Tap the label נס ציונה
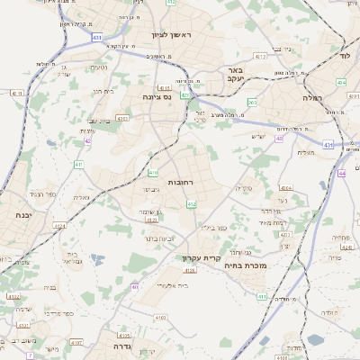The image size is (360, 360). [157, 96]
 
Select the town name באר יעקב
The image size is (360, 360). [235, 74]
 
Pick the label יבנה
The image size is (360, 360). [23, 215]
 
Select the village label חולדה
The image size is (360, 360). [328, 311]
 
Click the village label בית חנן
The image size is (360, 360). [103, 91]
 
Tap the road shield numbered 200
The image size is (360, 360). [253, 103]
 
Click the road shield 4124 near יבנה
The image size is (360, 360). [59, 226]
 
